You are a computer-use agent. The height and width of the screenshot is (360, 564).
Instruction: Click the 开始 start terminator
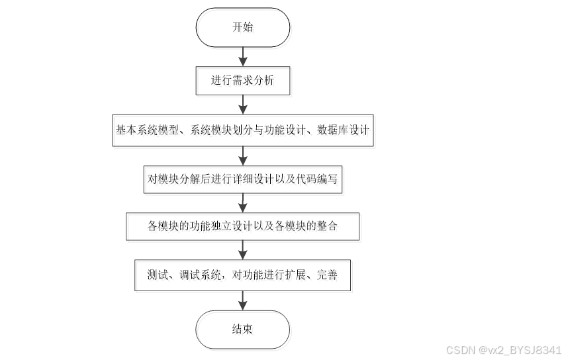click(x=242, y=28)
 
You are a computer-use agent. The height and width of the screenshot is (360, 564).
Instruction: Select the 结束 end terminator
click(x=242, y=330)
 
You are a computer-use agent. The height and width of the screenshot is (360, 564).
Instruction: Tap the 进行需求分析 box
click(x=242, y=80)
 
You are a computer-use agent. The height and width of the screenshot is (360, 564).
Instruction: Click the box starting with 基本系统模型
click(x=242, y=131)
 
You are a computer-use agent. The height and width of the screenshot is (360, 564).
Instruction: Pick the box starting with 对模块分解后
click(x=242, y=179)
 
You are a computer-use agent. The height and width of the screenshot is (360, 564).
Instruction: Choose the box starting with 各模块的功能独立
click(x=242, y=226)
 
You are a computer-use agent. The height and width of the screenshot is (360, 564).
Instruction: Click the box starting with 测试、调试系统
click(x=242, y=274)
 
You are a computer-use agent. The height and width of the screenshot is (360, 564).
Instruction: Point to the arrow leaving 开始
click(x=242, y=55)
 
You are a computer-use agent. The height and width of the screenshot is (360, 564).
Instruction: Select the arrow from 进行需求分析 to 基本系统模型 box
click(x=242, y=105)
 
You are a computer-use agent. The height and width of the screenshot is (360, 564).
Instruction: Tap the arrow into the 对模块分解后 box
click(x=242, y=155)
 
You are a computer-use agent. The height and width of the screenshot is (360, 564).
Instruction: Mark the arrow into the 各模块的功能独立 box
click(x=242, y=202)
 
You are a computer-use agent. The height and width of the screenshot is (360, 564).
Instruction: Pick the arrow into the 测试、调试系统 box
click(x=242, y=249)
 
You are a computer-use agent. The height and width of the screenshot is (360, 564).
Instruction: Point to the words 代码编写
click(x=320, y=179)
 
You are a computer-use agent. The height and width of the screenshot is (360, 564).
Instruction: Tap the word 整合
click(x=328, y=226)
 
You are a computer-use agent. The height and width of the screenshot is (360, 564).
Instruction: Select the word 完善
click(x=328, y=274)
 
